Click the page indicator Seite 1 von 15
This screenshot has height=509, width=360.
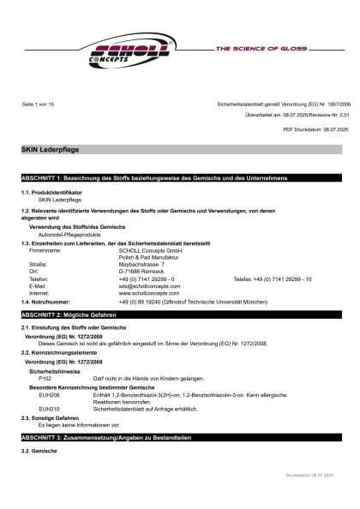click(x=39, y=104)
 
